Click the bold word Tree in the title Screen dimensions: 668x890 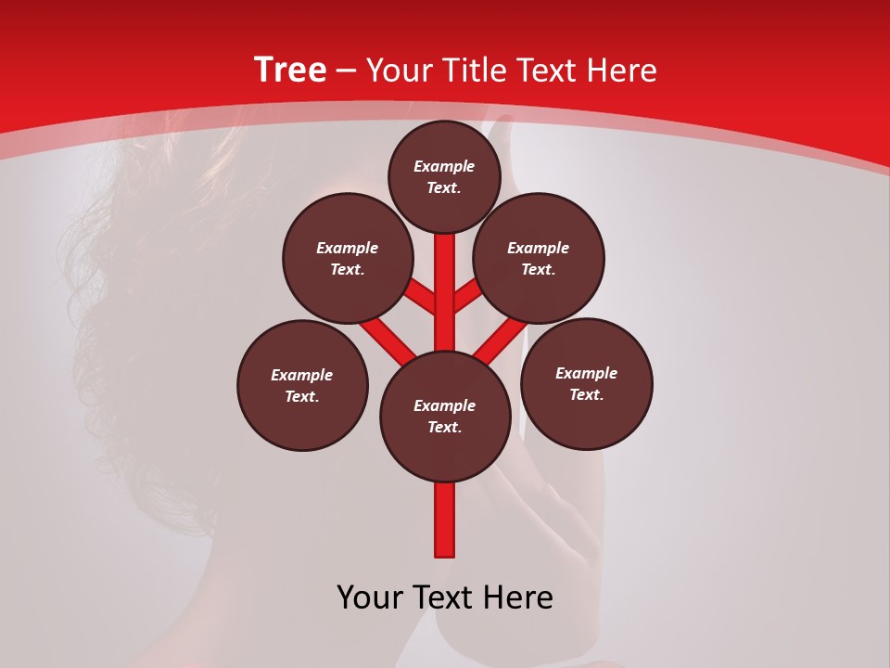[x=290, y=71]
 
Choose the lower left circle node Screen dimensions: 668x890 [x=302, y=386]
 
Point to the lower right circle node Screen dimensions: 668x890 [x=587, y=383]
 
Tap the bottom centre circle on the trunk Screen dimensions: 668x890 [x=445, y=417]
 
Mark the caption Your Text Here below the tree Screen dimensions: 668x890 [x=445, y=597]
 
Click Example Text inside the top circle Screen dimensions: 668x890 [x=444, y=176]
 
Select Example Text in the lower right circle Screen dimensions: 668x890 [x=586, y=383]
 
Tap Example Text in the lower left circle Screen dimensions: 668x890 [x=301, y=386]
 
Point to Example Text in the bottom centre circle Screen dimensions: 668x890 [x=445, y=417]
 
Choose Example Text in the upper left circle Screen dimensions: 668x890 [x=347, y=259]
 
